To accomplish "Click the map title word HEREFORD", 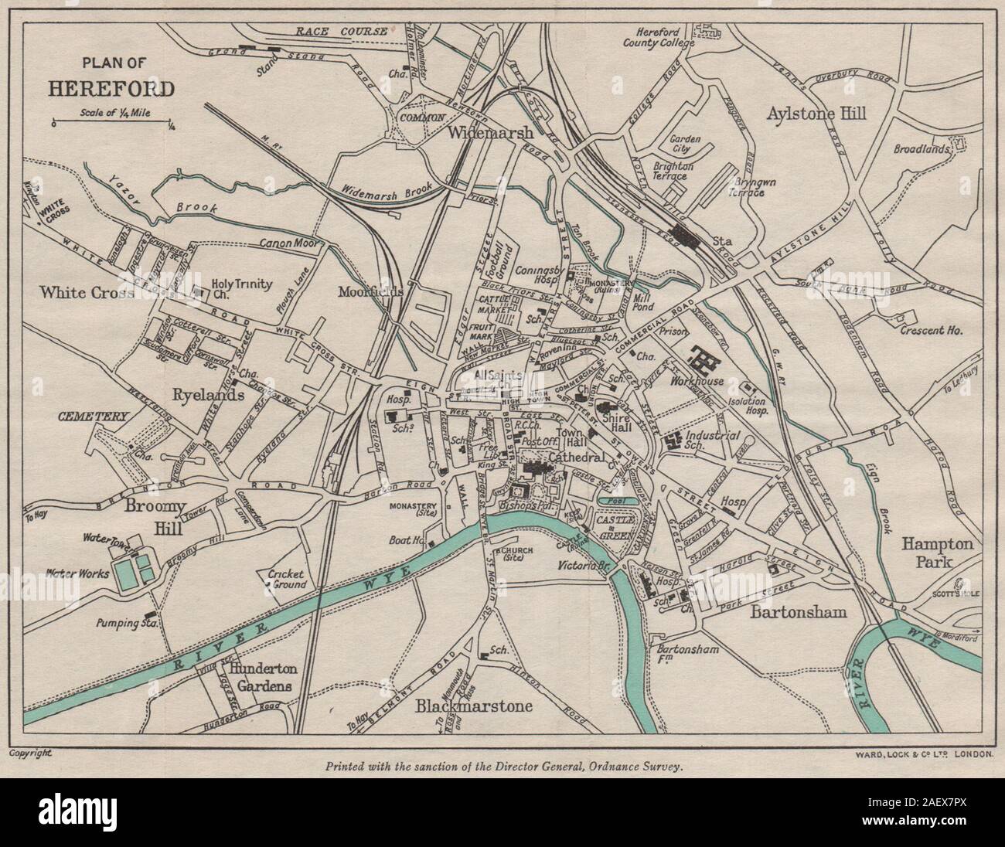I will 112,87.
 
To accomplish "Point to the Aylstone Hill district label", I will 816,114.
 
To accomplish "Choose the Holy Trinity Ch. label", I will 243,290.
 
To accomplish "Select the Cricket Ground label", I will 286,580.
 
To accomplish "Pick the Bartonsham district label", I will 799,612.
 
